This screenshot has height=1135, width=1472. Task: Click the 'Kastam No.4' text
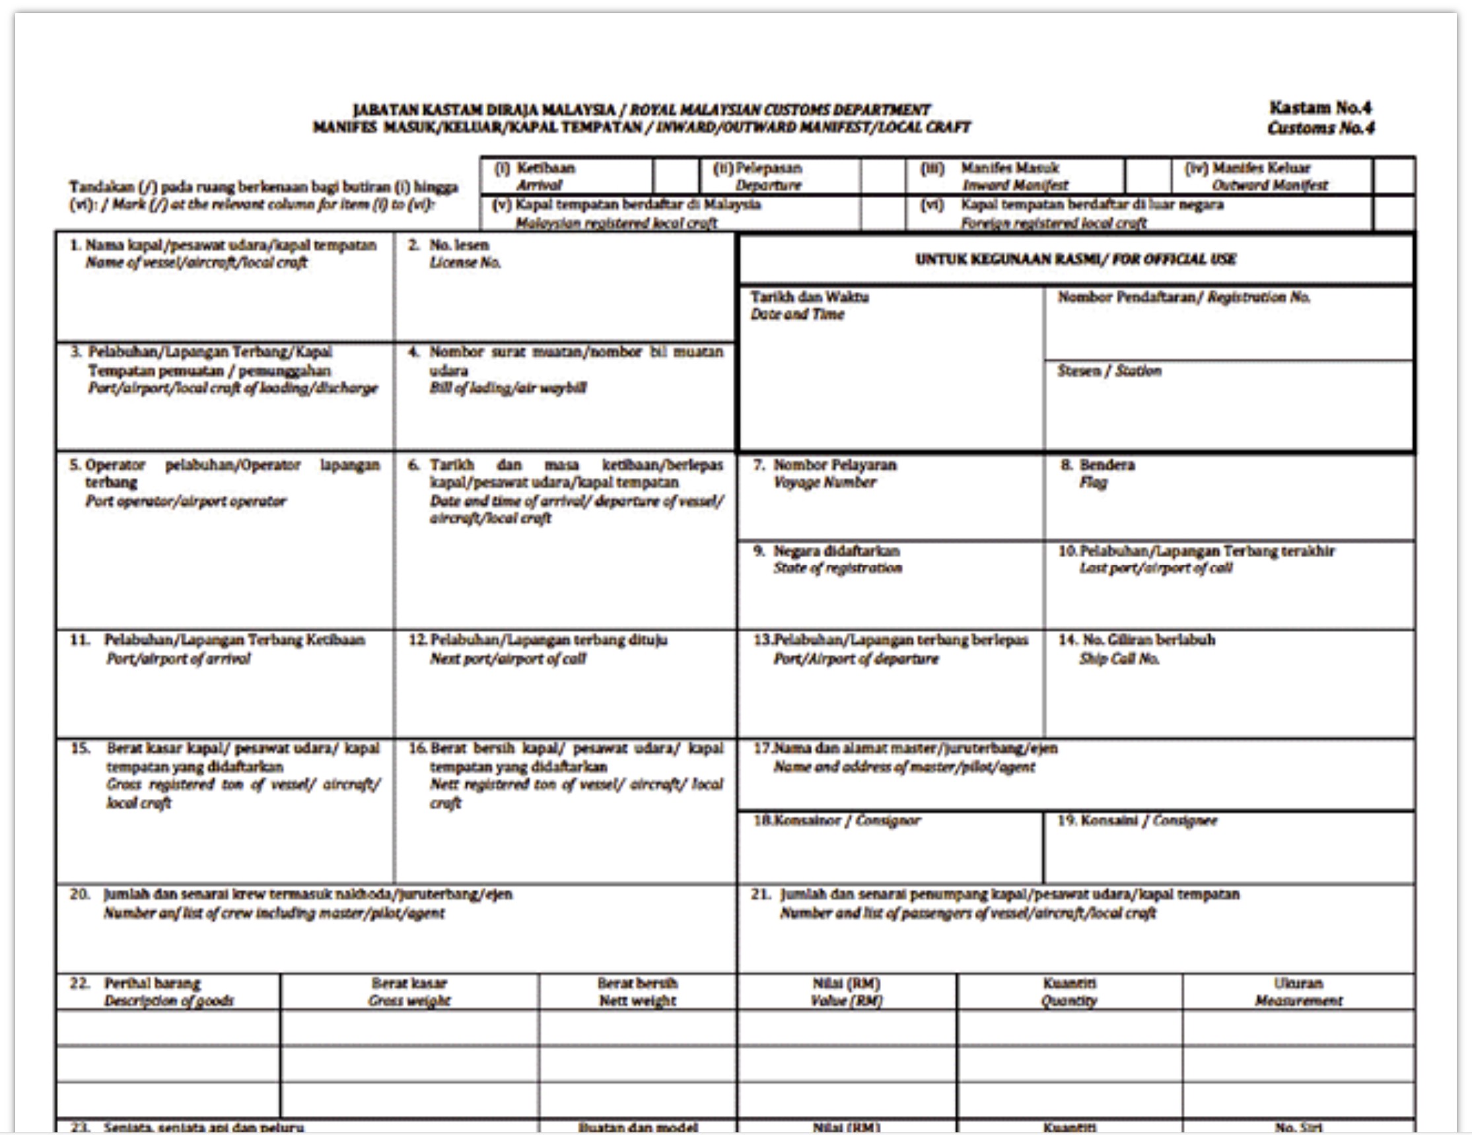tap(1319, 108)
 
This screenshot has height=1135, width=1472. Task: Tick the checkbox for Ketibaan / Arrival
tap(676, 176)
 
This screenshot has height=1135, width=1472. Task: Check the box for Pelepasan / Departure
tap(883, 176)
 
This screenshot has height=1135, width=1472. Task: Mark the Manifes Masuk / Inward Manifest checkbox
tap(1147, 176)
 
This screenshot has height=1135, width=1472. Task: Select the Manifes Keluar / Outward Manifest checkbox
tap(1393, 176)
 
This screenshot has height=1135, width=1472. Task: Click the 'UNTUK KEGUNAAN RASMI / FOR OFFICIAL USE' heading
tap(1076, 259)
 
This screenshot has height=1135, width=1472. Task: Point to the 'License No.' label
tap(465, 263)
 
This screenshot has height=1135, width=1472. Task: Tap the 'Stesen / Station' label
tap(1109, 370)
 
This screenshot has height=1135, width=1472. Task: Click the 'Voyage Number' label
tap(825, 483)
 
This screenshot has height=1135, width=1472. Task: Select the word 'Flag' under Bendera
tap(1093, 483)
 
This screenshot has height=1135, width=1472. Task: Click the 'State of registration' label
tap(838, 568)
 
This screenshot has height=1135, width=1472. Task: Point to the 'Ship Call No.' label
tap(1119, 658)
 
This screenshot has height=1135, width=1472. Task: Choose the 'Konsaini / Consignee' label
tap(1138, 820)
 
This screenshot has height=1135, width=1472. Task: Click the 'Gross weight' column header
tap(409, 1001)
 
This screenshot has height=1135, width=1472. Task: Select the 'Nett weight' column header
tap(637, 1001)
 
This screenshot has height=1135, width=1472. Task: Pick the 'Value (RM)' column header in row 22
tap(847, 1001)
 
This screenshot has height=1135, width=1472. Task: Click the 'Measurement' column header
tap(1298, 1001)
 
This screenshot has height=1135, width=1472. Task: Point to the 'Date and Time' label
tap(797, 314)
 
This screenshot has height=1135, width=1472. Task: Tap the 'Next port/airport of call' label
tap(508, 658)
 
